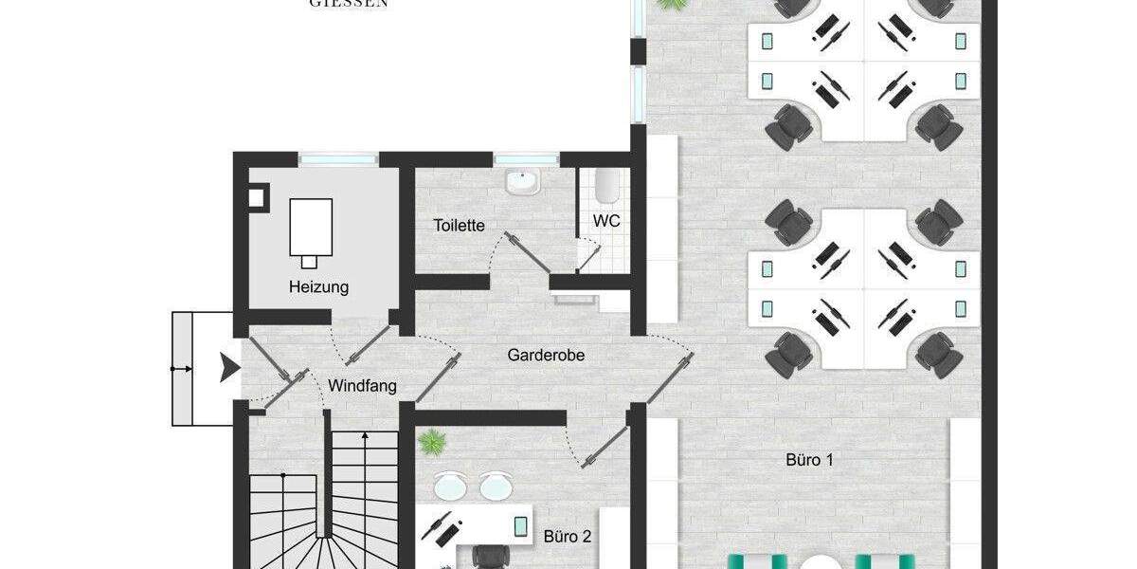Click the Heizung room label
tap(319, 286)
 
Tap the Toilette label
tap(460, 226)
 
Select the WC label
tap(606, 221)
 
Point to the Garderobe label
tap(546, 356)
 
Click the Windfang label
tap(362, 386)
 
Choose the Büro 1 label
tap(810, 460)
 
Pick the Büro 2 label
tap(568, 536)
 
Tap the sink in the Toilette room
tap(520, 181)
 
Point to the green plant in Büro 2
tap(432, 441)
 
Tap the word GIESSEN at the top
tap(349, 4)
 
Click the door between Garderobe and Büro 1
tap(669, 361)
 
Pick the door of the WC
tap(589, 250)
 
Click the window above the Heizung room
tap(338, 159)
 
